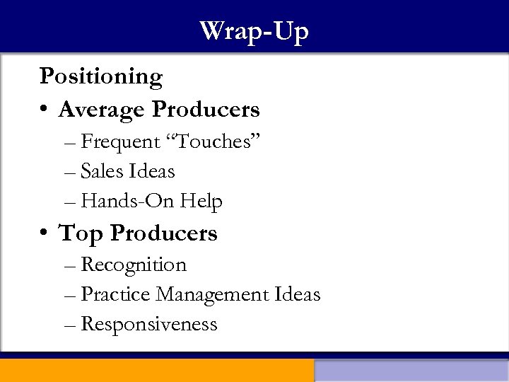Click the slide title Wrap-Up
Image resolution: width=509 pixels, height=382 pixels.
point(254,32)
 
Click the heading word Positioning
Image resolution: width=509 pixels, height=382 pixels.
point(101,76)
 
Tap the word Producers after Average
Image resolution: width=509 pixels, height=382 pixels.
point(206,110)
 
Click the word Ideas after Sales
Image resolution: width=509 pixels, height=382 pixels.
point(151,171)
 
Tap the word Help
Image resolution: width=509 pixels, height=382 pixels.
point(201,202)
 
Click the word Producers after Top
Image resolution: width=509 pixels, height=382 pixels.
point(163,233)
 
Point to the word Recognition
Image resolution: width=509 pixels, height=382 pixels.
point(134,265)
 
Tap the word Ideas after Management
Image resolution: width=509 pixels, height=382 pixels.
point(298,294)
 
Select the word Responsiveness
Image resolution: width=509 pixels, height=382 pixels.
point(149,325)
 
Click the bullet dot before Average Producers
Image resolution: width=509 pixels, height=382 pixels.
point(45,110)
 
